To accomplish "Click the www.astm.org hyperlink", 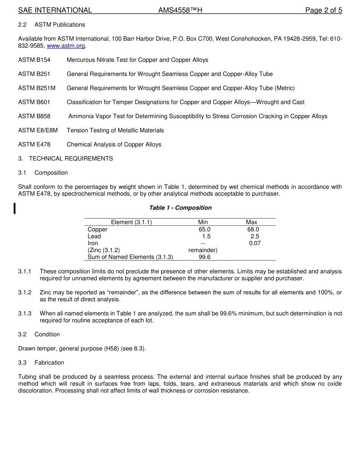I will click(x=66, y=46).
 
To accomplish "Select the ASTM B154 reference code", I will click(x=34, y=60).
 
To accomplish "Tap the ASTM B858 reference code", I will click(x=34, y=116).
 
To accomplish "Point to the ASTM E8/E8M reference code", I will click(x=38, y=130).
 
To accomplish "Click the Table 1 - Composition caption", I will click(x=180, y=208).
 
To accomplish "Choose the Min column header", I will click(x=203, y=222).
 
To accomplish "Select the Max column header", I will click(x=251, y=222).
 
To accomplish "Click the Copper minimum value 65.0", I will click(x=204, y=229).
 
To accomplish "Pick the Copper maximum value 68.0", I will click(x=253, y=229).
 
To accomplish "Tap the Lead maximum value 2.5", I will click(x=255, y=236).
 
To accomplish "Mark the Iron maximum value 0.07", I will click(x=255, y=243).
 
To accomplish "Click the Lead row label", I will click(x=94, y=236).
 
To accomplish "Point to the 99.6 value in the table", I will click(x=204, y=257).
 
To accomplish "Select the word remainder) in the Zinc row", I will click(x=203, y=250).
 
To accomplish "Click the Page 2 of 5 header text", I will click(x=324, y=10).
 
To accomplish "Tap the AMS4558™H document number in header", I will click(x=180, y=10).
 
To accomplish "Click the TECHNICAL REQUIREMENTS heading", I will click(x=71, y=158).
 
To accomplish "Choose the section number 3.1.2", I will click(x=25, y=293).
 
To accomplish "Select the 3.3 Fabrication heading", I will click(x=41, y=363).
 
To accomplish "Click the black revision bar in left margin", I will click(x=14, y=208).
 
